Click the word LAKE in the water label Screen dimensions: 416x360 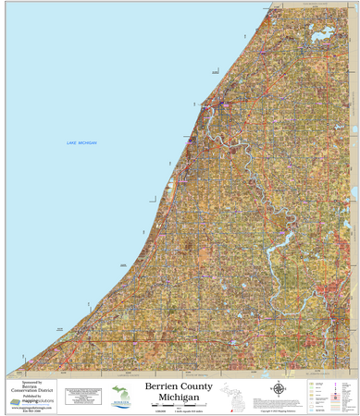[x=72, y=143]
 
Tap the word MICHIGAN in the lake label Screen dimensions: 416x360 [x=87, y=143]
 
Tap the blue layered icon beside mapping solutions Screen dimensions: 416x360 [x=15, y=401]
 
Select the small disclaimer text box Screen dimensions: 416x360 [x=81, y=395]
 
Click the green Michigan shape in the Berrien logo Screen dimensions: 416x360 [x=120, y=392]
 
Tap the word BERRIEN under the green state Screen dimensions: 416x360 [x=120, y=402]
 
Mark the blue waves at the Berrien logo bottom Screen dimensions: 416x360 [x=120, y=408]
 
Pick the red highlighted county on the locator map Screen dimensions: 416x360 [x=229, y=407]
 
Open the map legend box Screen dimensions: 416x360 [x=329, y=395]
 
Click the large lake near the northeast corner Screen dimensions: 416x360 [x=324, y=37]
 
